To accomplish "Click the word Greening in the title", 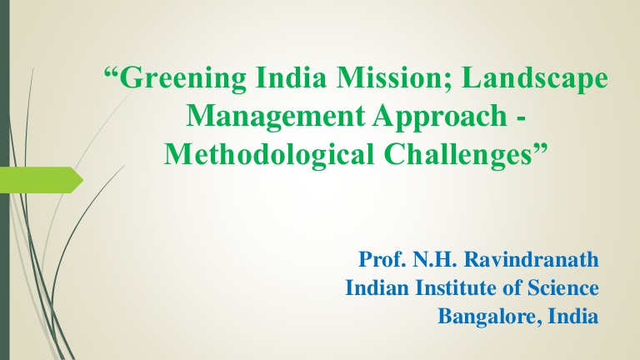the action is (x=183, y=79).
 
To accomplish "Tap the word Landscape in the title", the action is (x=535, y=79).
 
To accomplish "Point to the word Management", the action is (x=275, y=117).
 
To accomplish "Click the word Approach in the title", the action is (x=439, y=117).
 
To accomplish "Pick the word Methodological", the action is (x=269, y=154).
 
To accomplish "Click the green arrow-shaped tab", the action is (x=42, y=180).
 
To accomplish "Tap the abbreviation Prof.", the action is (x=382, y=259).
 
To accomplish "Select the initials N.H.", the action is (x=434, y=259).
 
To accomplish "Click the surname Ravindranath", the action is (x=532, y=259).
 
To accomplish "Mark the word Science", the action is (x=563, y=287).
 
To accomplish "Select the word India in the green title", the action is (x=291, y=77).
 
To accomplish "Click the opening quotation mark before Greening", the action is (x=112, y=73).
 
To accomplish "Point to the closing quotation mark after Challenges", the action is (x=541, y=148).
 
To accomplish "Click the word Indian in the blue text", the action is (x=377, y=287).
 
